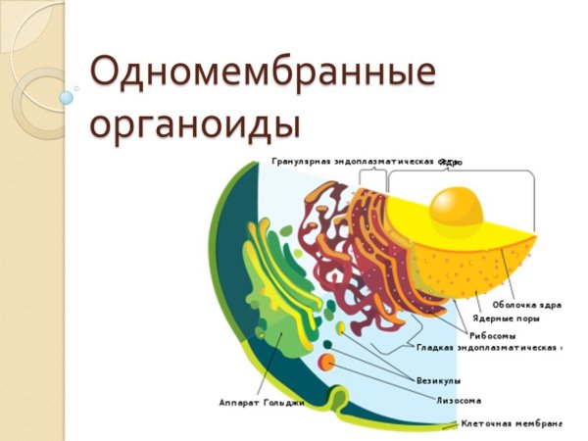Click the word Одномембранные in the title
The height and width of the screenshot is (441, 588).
tap(262, 73)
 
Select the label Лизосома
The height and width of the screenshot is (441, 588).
tap(458, 400)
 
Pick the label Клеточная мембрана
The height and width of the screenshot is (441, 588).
tap(511, 424)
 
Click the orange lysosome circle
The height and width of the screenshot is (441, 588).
tap(327, 364)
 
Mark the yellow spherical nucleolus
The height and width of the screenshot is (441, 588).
tap(457, 209)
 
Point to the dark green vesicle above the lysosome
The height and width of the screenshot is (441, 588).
tap(327, 344)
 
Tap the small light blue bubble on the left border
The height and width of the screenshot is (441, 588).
tap(67, 98)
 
